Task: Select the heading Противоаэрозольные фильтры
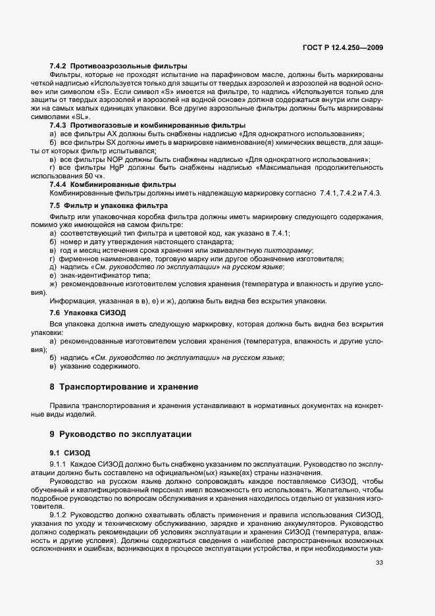129,66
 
